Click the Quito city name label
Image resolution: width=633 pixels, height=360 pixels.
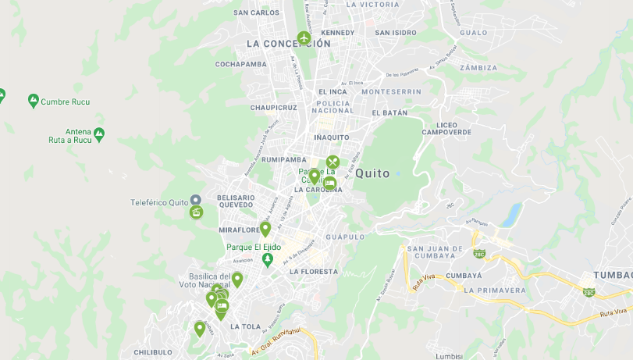[x=372, y=173]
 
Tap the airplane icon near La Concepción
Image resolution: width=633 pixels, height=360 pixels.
[x=304, y=37]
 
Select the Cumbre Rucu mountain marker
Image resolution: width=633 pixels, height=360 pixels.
[x=34, y=101]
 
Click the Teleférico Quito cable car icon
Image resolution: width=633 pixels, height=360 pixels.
[x=196, y=212]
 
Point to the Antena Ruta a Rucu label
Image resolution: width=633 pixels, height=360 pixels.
[x=78, y=135]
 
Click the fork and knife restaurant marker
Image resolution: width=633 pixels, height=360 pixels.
[x=333, y=162]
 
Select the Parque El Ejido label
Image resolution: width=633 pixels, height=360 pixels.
[x=254, y=247]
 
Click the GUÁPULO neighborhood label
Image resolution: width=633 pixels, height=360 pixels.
[x=345, y=237]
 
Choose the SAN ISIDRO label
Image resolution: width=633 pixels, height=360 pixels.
[x=395, y=33]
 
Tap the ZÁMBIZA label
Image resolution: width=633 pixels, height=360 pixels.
[x=478, y=68]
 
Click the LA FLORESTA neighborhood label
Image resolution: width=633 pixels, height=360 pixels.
[x=313, y=272]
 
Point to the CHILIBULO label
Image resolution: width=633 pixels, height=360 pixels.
[x=153, y=352]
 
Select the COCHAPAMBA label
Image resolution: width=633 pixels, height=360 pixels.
[x=241, y=64]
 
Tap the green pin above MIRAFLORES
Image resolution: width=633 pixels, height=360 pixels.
[x=265, y=228]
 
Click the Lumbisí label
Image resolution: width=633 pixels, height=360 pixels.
[x=449, y=355]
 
